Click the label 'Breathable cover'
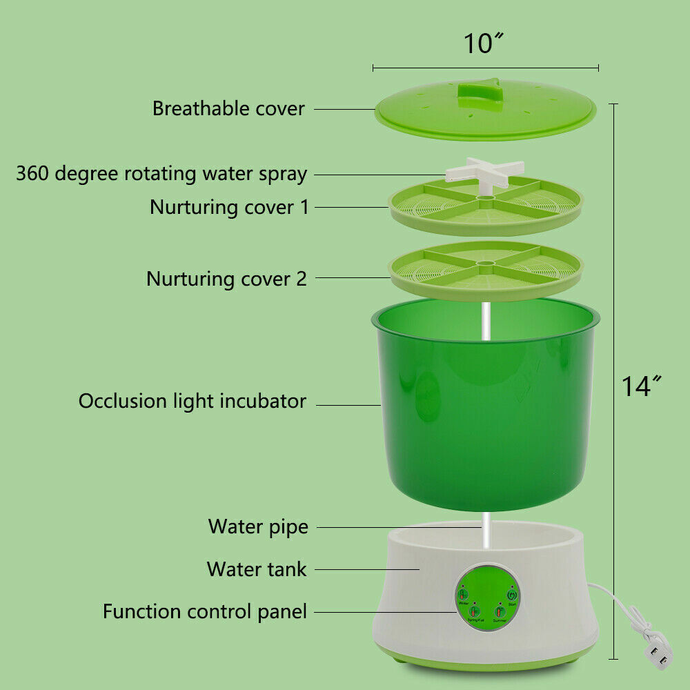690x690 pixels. coord(228,109)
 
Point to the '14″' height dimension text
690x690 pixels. coord(641,386)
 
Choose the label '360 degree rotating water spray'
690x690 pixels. coord(161,173)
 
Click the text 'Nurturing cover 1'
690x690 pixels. coord(230,207)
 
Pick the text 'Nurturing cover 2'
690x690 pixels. coord(226,279)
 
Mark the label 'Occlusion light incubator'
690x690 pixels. coord(192,401)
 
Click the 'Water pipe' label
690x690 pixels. coord(258,527)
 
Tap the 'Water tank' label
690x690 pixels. coord(257,569)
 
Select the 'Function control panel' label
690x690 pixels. coord(205,611)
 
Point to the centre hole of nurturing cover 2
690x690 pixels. coord(485,263)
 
